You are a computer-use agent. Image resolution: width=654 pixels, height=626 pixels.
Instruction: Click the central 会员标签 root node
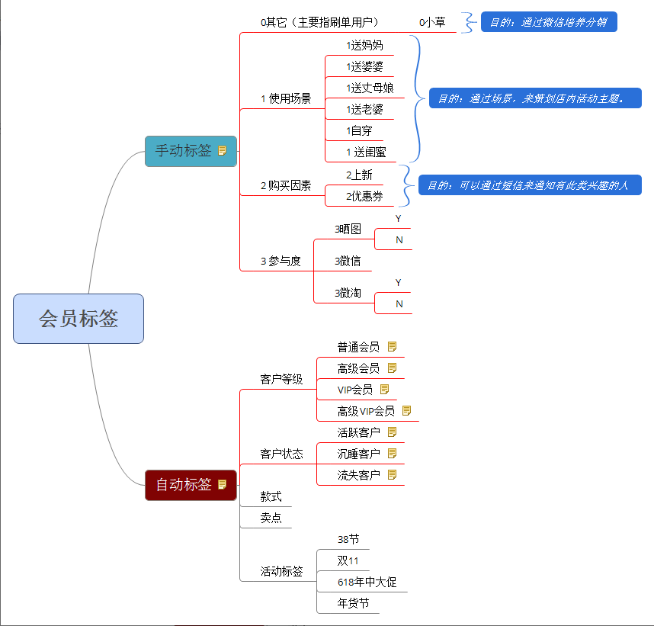(79, 319)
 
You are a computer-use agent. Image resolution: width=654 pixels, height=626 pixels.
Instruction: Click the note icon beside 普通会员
(392, 347)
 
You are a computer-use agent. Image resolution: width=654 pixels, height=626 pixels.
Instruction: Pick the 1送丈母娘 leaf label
(370, 88)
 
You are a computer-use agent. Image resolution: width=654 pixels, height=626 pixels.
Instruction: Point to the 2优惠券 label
(364, 197)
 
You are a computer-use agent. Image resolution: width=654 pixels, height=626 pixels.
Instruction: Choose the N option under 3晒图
(399, 240)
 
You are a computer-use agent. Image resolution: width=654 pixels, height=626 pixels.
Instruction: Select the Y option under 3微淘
(398, 283)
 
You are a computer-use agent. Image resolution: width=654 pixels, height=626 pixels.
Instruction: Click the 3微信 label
(348, 261)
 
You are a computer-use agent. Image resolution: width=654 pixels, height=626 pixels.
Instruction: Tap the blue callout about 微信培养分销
(548, 22)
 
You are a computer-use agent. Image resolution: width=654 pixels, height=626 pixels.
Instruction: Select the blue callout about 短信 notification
(529, 185)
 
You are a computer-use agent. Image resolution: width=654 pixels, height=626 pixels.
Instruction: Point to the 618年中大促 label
(367, 583)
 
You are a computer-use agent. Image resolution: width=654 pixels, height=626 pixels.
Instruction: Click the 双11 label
(348, 561)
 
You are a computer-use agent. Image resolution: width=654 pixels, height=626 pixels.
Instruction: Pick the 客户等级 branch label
(281, 379)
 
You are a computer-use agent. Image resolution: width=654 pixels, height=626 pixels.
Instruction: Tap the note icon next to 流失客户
(392, 475)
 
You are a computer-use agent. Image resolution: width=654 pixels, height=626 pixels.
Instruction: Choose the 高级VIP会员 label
(366, 411)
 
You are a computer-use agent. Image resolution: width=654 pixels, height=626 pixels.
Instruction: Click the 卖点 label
(271, 518)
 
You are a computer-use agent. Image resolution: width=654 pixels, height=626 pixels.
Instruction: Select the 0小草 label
(432, 23)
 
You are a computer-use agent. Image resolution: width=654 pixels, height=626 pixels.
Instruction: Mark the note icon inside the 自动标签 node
(223, 484)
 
